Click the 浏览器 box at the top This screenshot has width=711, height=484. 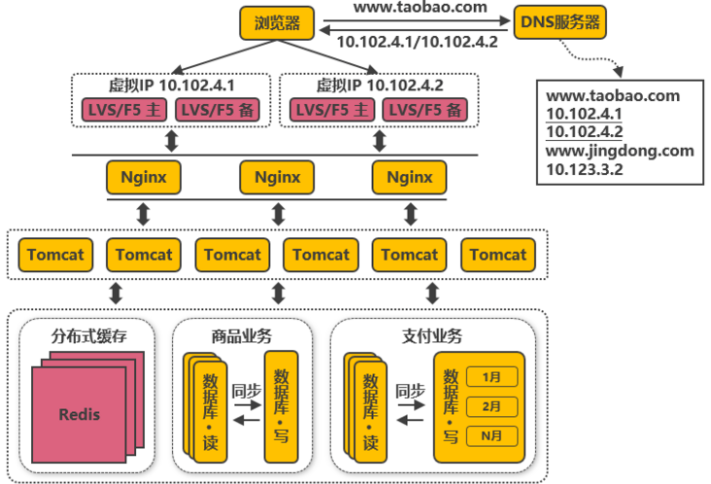click(x=276, y=21)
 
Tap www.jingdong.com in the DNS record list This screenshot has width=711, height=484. click(x=620, y=150)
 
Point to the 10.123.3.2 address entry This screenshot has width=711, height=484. click(x=583, y=169)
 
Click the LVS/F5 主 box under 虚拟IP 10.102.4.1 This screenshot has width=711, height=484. click(x=122, y=110)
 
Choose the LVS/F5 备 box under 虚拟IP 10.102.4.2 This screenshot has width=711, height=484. click(x=424, y=110)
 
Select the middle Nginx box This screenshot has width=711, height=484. click(x=277, y=177)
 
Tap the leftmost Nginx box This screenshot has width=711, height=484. click(x=145, y=177)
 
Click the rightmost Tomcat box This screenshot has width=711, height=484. click(x=498, y=255)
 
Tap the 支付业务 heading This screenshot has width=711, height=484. click(x=431, y=336)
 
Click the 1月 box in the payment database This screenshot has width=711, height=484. click(x=491, y=375)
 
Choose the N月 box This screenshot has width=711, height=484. click(x=491, y=436)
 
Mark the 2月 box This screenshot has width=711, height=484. click(x=491, y=405)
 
